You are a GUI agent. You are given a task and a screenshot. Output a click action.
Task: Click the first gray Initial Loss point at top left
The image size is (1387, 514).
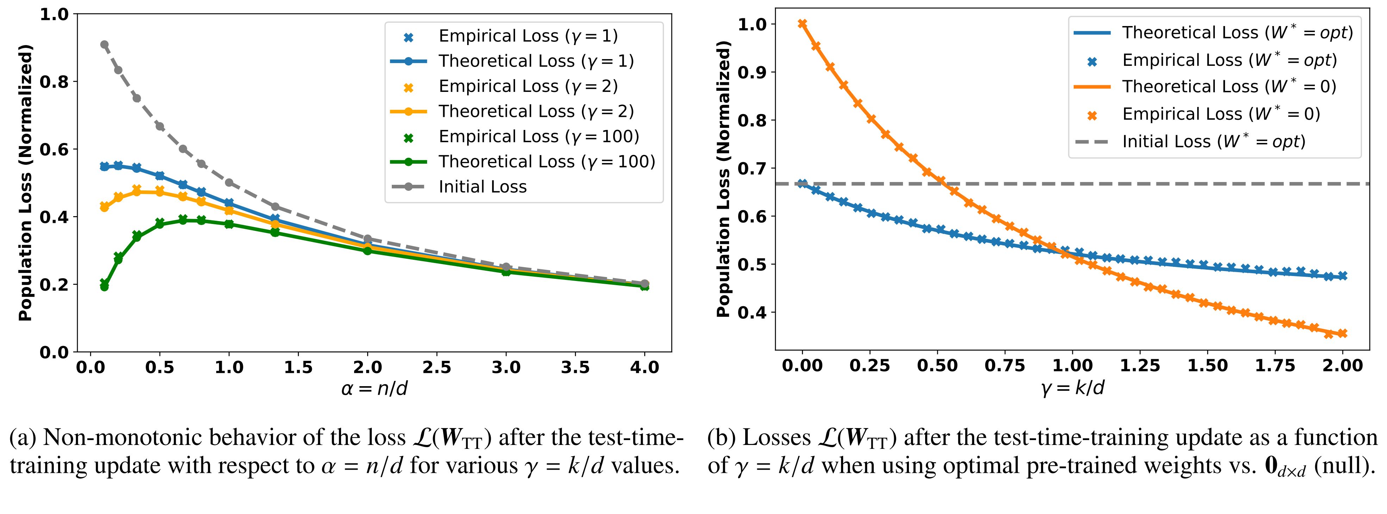point(105,45)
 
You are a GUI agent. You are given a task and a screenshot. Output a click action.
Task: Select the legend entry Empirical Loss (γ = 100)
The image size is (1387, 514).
point(539,137)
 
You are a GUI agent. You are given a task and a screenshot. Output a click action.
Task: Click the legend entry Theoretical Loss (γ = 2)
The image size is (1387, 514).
point(536,111)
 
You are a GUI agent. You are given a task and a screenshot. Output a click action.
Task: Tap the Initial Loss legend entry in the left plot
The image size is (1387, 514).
point(482,187)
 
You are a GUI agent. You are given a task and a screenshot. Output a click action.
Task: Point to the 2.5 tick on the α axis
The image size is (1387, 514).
point(437,368)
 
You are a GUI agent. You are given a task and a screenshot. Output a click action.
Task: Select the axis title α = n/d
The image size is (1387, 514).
point(375,388)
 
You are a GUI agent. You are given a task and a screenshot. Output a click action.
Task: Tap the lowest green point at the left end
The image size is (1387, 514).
point(105,287)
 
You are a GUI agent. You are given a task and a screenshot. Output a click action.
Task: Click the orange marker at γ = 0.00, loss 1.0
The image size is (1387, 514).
point(802,24)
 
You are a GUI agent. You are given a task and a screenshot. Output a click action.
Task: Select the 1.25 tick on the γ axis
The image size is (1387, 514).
point(1140,365)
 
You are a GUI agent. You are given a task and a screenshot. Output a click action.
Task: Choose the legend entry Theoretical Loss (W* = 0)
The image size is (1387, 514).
point(1229,87)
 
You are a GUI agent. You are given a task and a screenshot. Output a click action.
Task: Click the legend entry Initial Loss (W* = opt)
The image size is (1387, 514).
point(1214,142)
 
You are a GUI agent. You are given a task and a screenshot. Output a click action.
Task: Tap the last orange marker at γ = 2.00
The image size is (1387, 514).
point(1342,333)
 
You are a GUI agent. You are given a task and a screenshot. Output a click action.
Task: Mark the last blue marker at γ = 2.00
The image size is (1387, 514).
point(1342,276)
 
